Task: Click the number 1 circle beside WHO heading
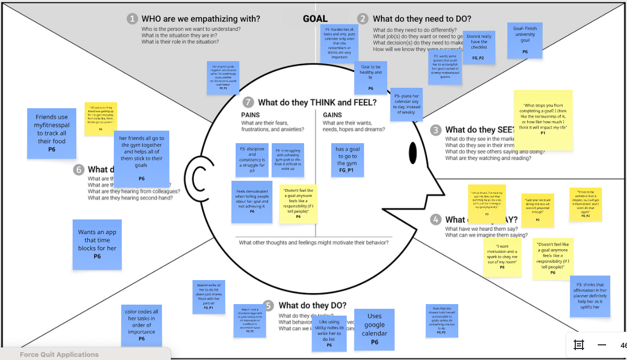[x=132, y=19]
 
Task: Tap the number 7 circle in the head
[x=248, y=102]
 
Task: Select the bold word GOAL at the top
[x=315, y=19]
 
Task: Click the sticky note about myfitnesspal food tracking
[x=52, y=133]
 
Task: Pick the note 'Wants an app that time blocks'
[x=97, y=245]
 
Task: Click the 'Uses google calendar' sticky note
[x=374, y=329]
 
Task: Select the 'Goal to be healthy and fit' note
[x=371, y=77]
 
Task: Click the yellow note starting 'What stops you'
[x=543, y=120]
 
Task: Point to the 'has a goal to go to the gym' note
[x=347, y=159]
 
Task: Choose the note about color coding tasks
[x=141, y=325]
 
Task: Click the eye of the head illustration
[x=413, y=152]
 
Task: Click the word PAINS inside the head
[x=250, y=115]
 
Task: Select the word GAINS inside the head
[x=333, y=115]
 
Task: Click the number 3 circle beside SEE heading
[x=435, y=130]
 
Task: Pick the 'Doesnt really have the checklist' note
[x=479, y=48]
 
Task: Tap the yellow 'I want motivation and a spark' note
[x=502, y=257]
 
